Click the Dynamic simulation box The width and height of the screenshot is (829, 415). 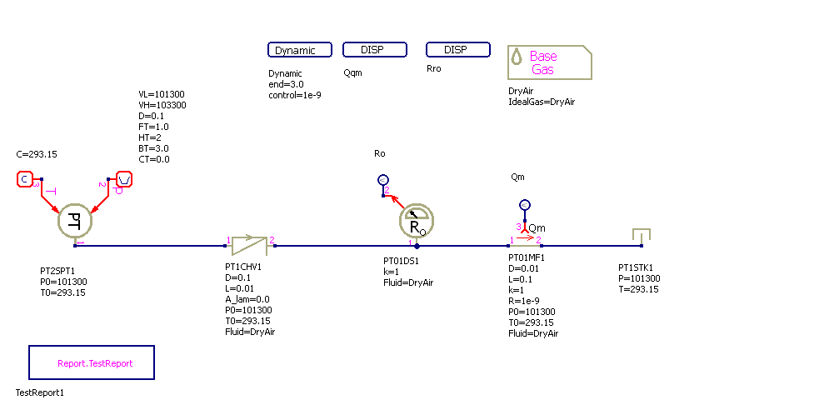pyautogui.click(x=300, y=50)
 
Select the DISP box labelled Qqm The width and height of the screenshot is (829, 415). pyautogui.click(x=375, y=50)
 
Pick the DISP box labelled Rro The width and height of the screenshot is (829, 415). pyautogui.click(x=458, y=50)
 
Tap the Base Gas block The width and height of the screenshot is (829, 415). pyautogui.click(x=549, y=62)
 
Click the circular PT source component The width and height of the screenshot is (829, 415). pyautogui.click(x=74, y=222)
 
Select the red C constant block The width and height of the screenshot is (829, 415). pyautogui.click(x=25, y=179)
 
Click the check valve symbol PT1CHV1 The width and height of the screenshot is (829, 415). pyautogui.click(x=249, y=244)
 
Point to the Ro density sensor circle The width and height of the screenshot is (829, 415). pyautogui.click(x=417, y=221)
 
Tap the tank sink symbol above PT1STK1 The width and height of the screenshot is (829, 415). pyautogui.click(x=641, y=236)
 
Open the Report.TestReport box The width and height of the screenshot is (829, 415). pyautogui.click(x=92, y=363)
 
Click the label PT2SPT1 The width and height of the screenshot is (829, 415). pyautogui.click(x=57, y=271)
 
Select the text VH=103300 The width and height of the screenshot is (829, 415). pyautogui.click(x=162, y=105)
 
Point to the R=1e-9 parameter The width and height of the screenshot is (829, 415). pyautogui.click(x=523, y=301)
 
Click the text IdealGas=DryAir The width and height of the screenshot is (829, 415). pyautogui.click(x=542, y=102)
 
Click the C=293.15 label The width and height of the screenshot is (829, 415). pyautogui.click(x=37, y=155)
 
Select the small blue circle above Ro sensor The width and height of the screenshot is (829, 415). pyautogui.click(x=383, y=179)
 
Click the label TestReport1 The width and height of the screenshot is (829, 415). pyautogui.click(x=40, y=392)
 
